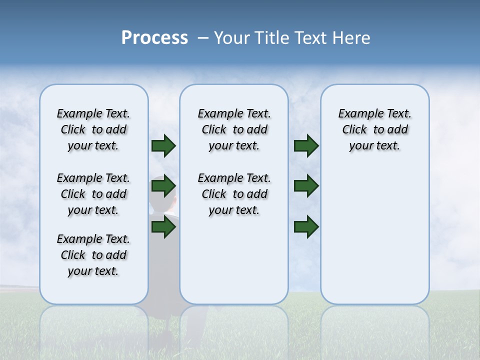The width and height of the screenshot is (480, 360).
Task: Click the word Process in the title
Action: (x=154, y=38)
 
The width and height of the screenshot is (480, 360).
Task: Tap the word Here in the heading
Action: (x=352, y=38)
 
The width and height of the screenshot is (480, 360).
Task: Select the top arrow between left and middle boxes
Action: (x=163, y=146)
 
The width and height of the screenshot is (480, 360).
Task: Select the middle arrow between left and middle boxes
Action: (x=163, y=186)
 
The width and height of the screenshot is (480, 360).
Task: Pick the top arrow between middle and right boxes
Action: (x=306, y=146)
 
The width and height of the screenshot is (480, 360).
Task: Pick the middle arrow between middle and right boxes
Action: (x=306, y=186)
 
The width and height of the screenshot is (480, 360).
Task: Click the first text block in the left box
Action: (x=93, y=129)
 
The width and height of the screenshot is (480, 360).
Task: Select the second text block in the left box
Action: (x=93, y=194)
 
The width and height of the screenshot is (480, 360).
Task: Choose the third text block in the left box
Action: (x=93, y=255)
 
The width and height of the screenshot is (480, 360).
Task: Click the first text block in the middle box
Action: (x=234, y=129)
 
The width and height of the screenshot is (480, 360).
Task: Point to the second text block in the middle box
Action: (x=234, y=194)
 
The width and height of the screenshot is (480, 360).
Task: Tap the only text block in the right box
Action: (x=374, y=129)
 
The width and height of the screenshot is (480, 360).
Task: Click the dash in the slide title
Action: (x=203, y=38)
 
